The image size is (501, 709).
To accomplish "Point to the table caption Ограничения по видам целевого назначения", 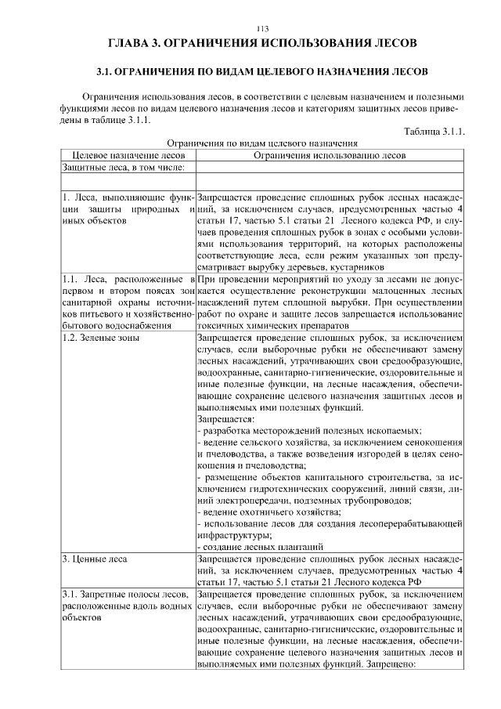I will click(x=262, y=143).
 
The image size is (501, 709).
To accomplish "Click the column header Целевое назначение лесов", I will click(x=128, y=155).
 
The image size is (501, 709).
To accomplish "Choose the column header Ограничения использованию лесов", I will click(x=330, y=155).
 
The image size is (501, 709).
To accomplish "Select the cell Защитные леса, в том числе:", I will click(x=123, y=167).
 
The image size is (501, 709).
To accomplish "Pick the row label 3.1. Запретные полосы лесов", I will click(x=128, y=595).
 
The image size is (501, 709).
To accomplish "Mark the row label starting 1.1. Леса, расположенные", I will click(x=128, y=279).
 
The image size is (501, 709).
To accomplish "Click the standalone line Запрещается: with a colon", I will click(x=222, y=419).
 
